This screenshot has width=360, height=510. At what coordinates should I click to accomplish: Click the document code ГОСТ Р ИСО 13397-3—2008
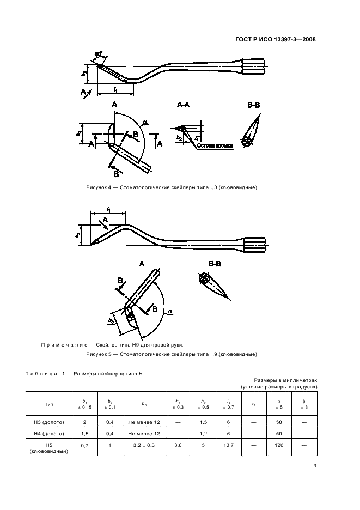pos(276,39)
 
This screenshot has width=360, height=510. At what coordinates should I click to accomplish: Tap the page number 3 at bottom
pos(315,466)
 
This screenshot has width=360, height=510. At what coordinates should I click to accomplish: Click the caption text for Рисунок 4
pos(172,187)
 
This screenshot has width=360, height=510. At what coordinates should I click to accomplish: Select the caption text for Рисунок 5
pos(172,354)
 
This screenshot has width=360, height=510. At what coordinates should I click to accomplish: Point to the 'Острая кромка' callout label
pos(215,146)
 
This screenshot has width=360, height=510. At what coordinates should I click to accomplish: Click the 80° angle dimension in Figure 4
pos(99,54)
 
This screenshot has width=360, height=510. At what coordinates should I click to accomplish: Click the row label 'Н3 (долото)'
pos(48,422)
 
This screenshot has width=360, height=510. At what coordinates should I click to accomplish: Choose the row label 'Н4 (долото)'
pos(48,434)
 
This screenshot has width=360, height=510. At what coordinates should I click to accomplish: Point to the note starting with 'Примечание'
pos(112,345)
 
